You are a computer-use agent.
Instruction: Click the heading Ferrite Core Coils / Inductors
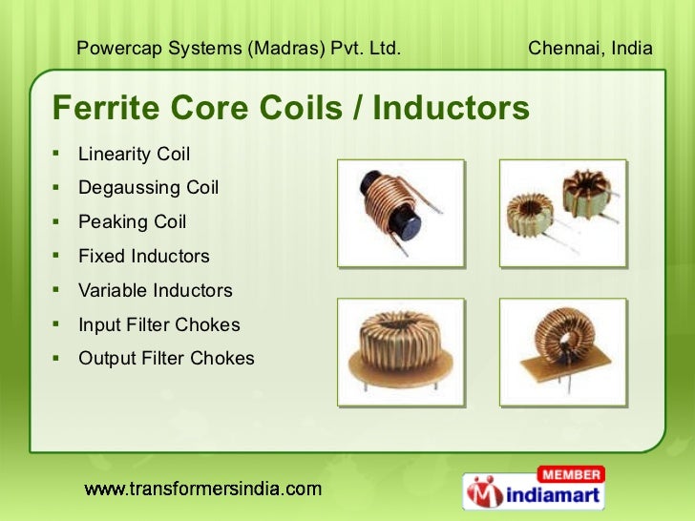point(290,109)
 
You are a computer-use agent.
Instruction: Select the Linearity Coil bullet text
point(134,154)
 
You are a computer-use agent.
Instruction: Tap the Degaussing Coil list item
point(148,188)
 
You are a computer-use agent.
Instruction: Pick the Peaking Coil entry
point(132,222)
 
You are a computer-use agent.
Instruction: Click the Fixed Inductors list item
point(143,256)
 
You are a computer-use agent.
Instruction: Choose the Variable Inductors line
point(155,290)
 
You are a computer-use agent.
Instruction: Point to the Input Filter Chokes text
point(158,324)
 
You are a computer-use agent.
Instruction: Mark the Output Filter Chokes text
point(166,359)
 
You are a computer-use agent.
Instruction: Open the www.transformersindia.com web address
point(202,490)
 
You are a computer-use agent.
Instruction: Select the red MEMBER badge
point(571,474)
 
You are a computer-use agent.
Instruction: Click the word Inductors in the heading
point(450,109)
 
